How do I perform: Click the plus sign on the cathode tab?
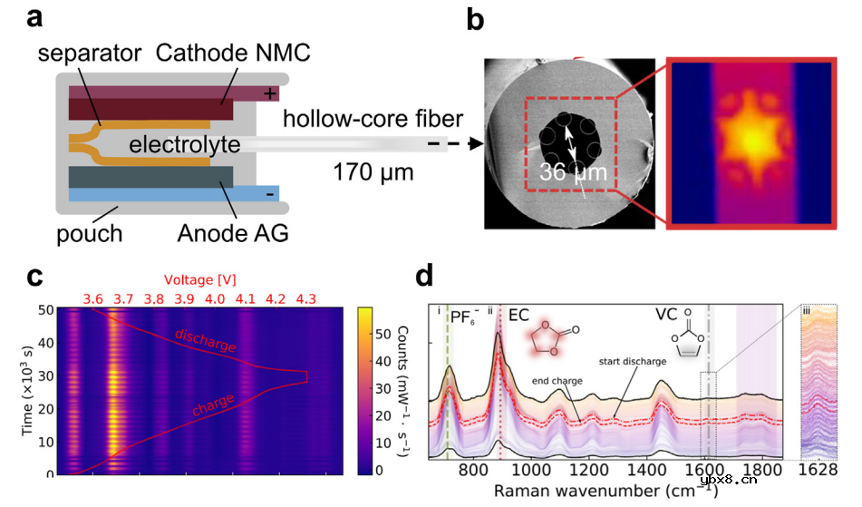click(x=268, y=93)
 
